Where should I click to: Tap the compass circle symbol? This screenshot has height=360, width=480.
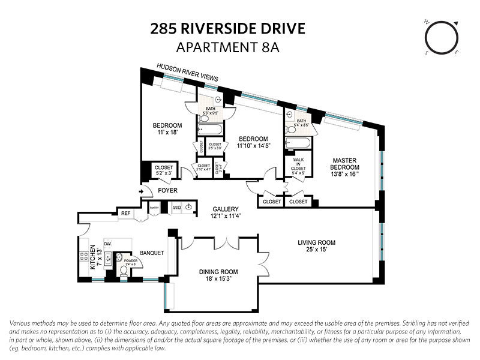point(442,37)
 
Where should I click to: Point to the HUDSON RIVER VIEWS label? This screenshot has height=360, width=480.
point(187,73)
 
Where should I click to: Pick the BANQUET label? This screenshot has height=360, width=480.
point(152,253)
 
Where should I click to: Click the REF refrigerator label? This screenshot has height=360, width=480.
point(125,213)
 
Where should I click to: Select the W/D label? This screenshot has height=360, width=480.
point(177,208)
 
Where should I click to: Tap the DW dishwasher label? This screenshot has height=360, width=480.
point(108,244)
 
